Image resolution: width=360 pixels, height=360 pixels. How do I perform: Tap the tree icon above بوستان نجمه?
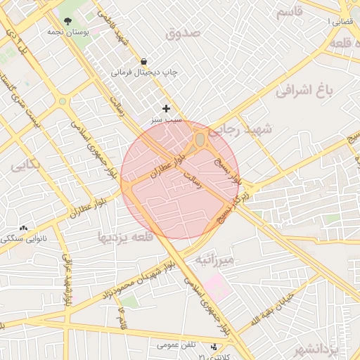point(67,21)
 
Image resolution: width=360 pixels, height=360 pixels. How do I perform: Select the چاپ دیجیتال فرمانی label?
point(152,72)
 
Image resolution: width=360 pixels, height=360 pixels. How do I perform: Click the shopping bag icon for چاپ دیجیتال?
point(144,61)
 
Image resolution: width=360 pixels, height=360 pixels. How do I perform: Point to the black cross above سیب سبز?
point(166,108)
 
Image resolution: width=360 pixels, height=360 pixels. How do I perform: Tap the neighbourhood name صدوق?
point(184,33)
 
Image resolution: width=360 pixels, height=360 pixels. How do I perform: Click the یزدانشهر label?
point(333,349)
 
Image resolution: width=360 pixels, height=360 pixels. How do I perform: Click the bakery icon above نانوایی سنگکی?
point(24,228)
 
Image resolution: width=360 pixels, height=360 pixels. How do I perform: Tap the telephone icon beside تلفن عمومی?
point(214,346)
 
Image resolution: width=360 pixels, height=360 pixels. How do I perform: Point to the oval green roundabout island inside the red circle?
point(200,140)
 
